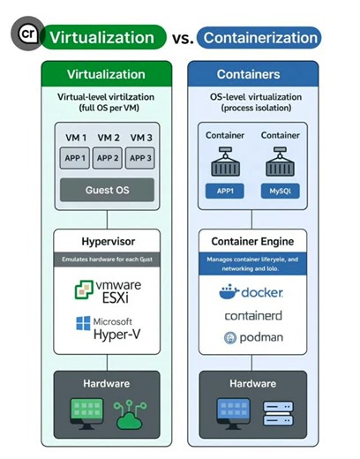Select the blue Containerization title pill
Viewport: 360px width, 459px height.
tap(259, 38)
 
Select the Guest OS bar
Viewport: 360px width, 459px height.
tap(108, 190)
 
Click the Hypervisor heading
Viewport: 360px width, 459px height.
tap(108, 239)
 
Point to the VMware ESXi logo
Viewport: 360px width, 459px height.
tap(108, 292)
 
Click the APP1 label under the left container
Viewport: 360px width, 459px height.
tap(225, 190)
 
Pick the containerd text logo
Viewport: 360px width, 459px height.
tap(252, 315)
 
